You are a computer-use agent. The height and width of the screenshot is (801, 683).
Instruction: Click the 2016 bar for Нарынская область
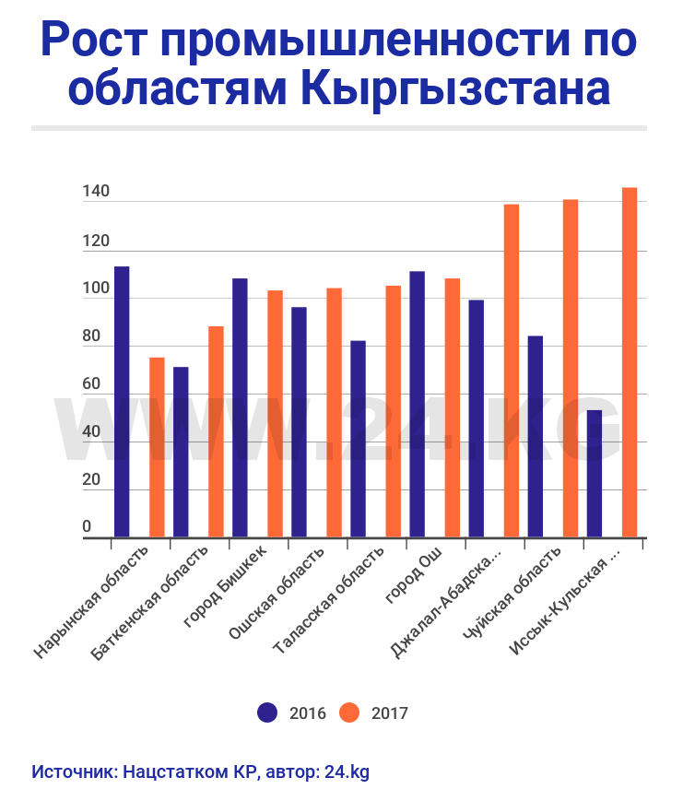click(x=122, y=401)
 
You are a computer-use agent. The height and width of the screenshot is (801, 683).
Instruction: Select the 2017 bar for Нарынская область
click(x=157, y=447)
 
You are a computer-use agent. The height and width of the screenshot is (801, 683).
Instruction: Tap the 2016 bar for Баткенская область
click(x=181, y=452)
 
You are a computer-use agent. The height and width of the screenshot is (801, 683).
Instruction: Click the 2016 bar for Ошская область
click(x=299, y=421)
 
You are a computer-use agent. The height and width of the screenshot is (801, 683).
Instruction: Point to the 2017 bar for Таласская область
click(x=393, y=411)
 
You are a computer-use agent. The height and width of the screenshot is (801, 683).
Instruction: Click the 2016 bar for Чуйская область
click(x=535, y=436)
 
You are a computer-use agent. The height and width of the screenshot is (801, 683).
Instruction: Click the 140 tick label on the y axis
click(x=96, y=193)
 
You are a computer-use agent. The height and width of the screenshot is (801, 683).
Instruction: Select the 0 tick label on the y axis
click(x=88, y=527)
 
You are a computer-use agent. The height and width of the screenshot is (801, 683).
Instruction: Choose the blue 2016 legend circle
click(x=267, y=713)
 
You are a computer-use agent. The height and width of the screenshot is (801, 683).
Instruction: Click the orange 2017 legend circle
click(x=349, y=713)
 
